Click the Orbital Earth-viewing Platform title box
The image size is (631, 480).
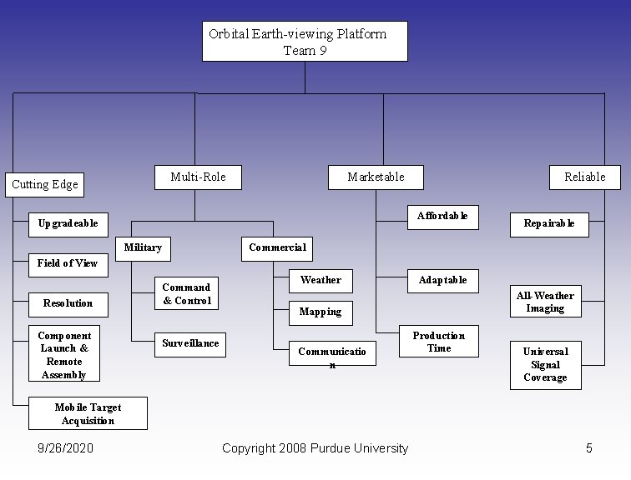click(305, 42)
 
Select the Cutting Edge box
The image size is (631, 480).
click(45, 184)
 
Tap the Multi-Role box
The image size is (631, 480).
click(198, 177)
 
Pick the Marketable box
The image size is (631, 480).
click(376, 177)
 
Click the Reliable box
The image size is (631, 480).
click(584, 177)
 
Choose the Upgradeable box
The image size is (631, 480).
click(68, 223)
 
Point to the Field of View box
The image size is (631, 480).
click(68, 263)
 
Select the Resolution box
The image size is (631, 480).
click(68, 303)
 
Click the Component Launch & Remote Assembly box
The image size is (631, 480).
click(64, 355)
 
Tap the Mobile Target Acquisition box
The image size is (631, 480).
click(88, 414)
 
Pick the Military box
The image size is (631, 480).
click(143, 248)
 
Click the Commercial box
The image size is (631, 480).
click(277, 247)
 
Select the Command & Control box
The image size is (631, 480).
click(187, 294)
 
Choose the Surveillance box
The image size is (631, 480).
click(190, 343)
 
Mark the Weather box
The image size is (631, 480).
click(321, 280)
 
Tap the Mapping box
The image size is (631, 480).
click(321, 312)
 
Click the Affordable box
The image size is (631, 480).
click(442, 216)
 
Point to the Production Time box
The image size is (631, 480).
click(439, 342)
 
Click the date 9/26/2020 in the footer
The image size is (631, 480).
click(66, 448)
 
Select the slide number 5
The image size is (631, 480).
click(588, 448)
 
